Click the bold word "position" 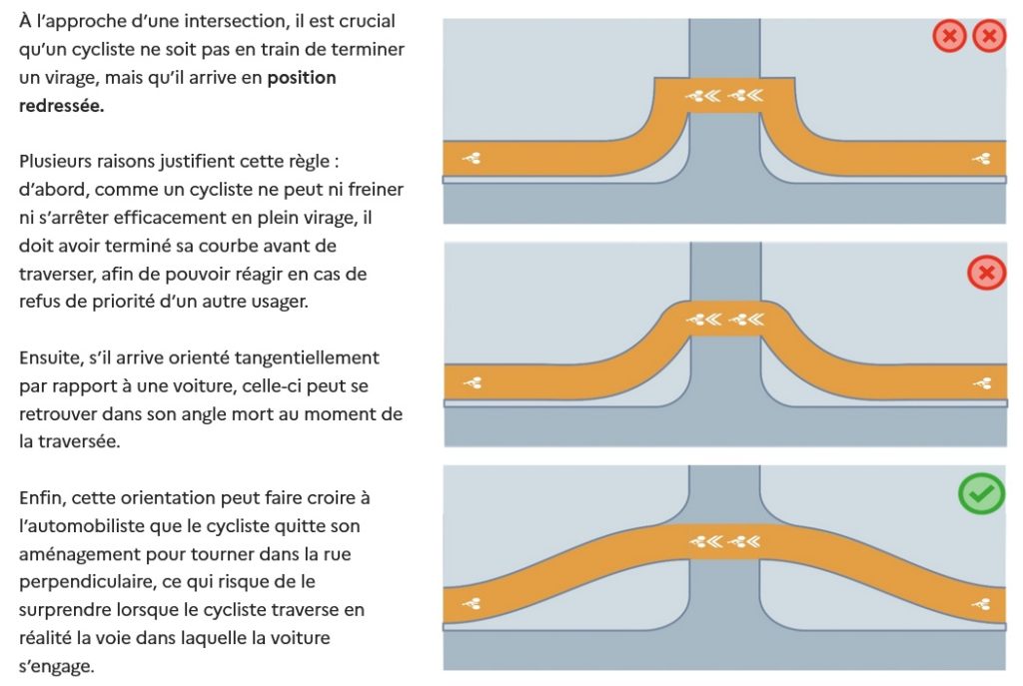[302, 78]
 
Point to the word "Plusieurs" [58, 161]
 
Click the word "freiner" [371, 189]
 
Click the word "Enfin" [43, 496]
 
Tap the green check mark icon [981, 493]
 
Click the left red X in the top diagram [949, 37]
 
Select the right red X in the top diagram [989, 37]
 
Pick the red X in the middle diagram [987, 272]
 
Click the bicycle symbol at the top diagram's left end [472, 157]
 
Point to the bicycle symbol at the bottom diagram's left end [472, 603]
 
